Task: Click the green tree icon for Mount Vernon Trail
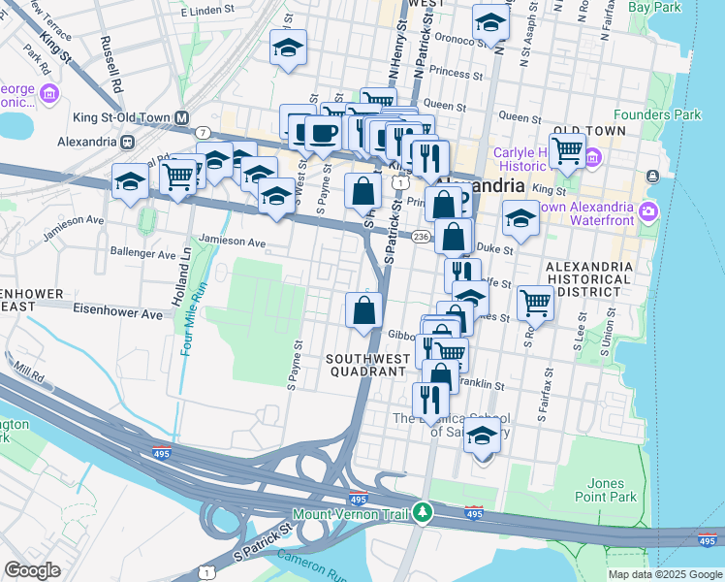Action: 422,511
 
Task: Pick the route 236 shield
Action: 421,237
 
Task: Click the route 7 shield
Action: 203,132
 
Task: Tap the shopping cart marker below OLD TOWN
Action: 566,150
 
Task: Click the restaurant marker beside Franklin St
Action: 429,399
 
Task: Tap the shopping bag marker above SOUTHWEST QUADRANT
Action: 363,310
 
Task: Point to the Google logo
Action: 32,570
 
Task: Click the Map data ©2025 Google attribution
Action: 664,574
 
